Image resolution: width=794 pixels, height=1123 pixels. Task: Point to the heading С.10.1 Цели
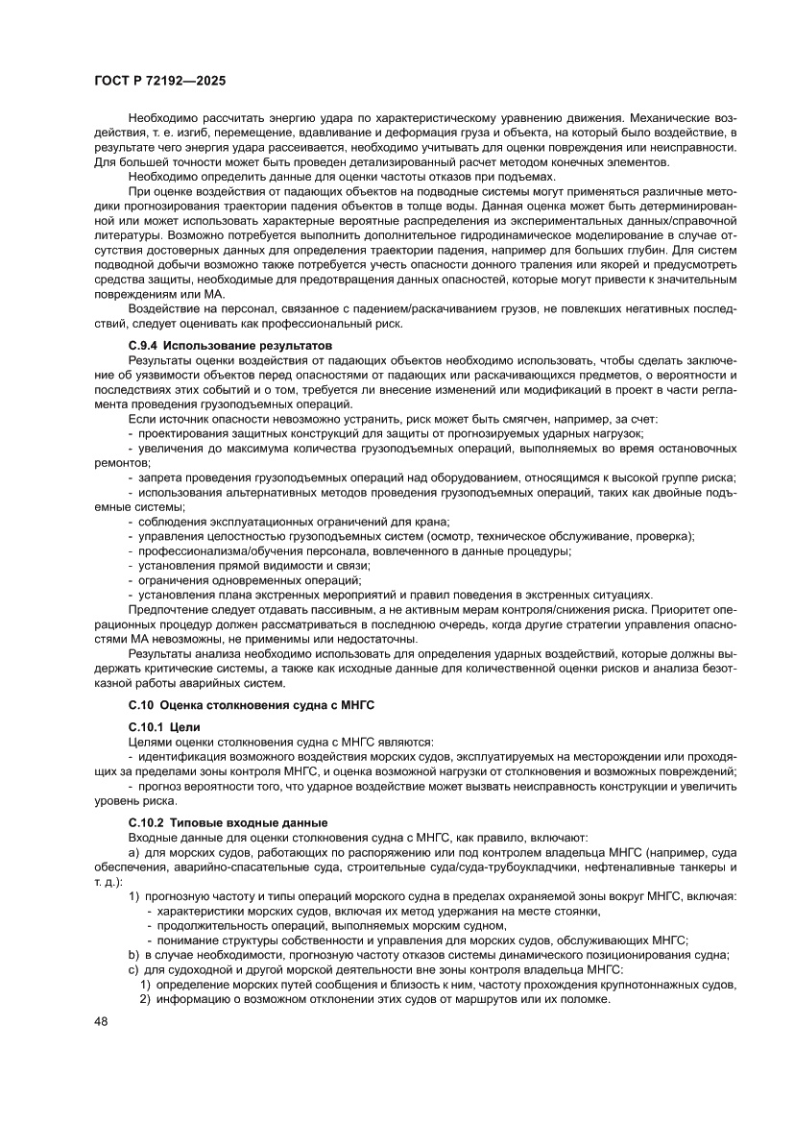click(x=165, y=727)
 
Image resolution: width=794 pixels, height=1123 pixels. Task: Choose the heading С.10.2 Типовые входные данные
click(x=228, y=823)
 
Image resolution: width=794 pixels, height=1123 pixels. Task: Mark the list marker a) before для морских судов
click(x=133, y=853)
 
